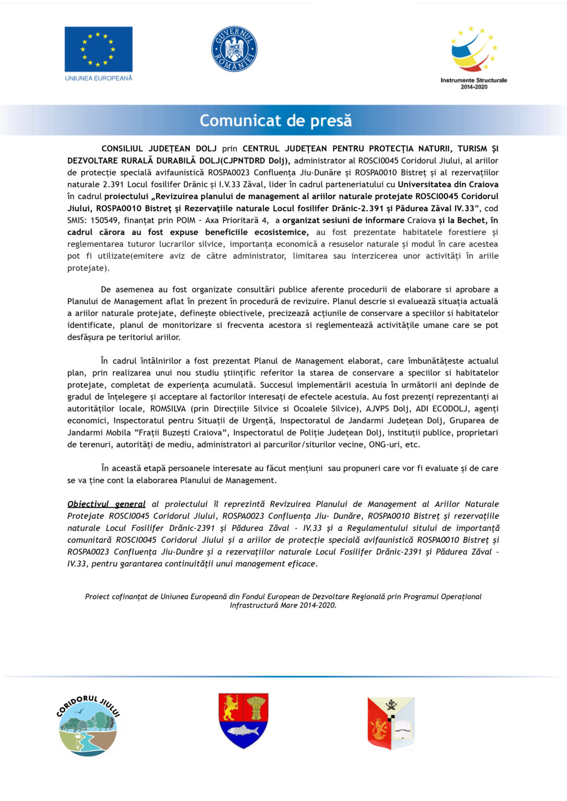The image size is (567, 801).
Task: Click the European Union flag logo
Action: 98,49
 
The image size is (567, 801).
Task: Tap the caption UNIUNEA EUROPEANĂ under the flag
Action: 99,78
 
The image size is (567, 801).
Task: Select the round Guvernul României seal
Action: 234,49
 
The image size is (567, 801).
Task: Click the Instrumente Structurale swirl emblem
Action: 473,49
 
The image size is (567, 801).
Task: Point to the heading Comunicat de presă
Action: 275,120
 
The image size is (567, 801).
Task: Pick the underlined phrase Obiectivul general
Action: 106,504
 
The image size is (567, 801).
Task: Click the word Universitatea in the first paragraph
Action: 425,184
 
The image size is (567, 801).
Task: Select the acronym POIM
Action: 186,220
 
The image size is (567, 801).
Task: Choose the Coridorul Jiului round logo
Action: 88,725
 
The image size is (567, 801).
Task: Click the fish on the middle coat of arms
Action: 243,731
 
